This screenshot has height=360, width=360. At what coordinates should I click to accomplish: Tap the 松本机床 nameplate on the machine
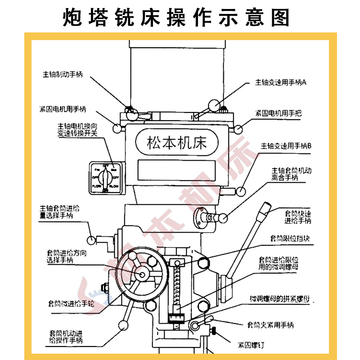pos(176,143)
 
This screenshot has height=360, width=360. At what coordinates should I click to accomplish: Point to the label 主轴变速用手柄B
pos(286,146)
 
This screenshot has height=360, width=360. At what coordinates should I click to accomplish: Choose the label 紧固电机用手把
pos(278,112)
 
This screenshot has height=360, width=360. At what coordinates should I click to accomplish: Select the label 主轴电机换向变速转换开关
pos(77,130)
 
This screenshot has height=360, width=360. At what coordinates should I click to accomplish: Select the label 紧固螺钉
pos(250,345)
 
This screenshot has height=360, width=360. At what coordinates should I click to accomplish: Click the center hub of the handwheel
pos(143,275)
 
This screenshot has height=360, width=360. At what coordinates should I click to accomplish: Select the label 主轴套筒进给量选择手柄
pos(59,212)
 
